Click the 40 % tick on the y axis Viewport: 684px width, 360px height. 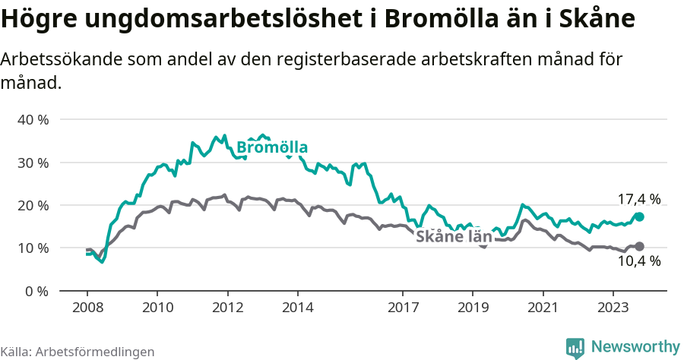[32, 120]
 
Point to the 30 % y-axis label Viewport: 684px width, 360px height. [32, 163]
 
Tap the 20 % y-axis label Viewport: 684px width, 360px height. [32, 205]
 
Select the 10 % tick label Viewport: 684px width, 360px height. [32, 248]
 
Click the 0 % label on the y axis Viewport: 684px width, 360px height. [36, 291]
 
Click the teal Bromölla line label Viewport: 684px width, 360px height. [272, 147]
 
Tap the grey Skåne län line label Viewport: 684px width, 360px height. [454, 236]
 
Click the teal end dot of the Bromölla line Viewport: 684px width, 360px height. [639, 216]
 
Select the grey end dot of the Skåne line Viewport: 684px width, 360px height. [639, 246]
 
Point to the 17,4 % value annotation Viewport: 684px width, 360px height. [638, 199]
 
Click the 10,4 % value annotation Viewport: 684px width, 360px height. [638, 261]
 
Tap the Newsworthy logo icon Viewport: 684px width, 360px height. [575, 347]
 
